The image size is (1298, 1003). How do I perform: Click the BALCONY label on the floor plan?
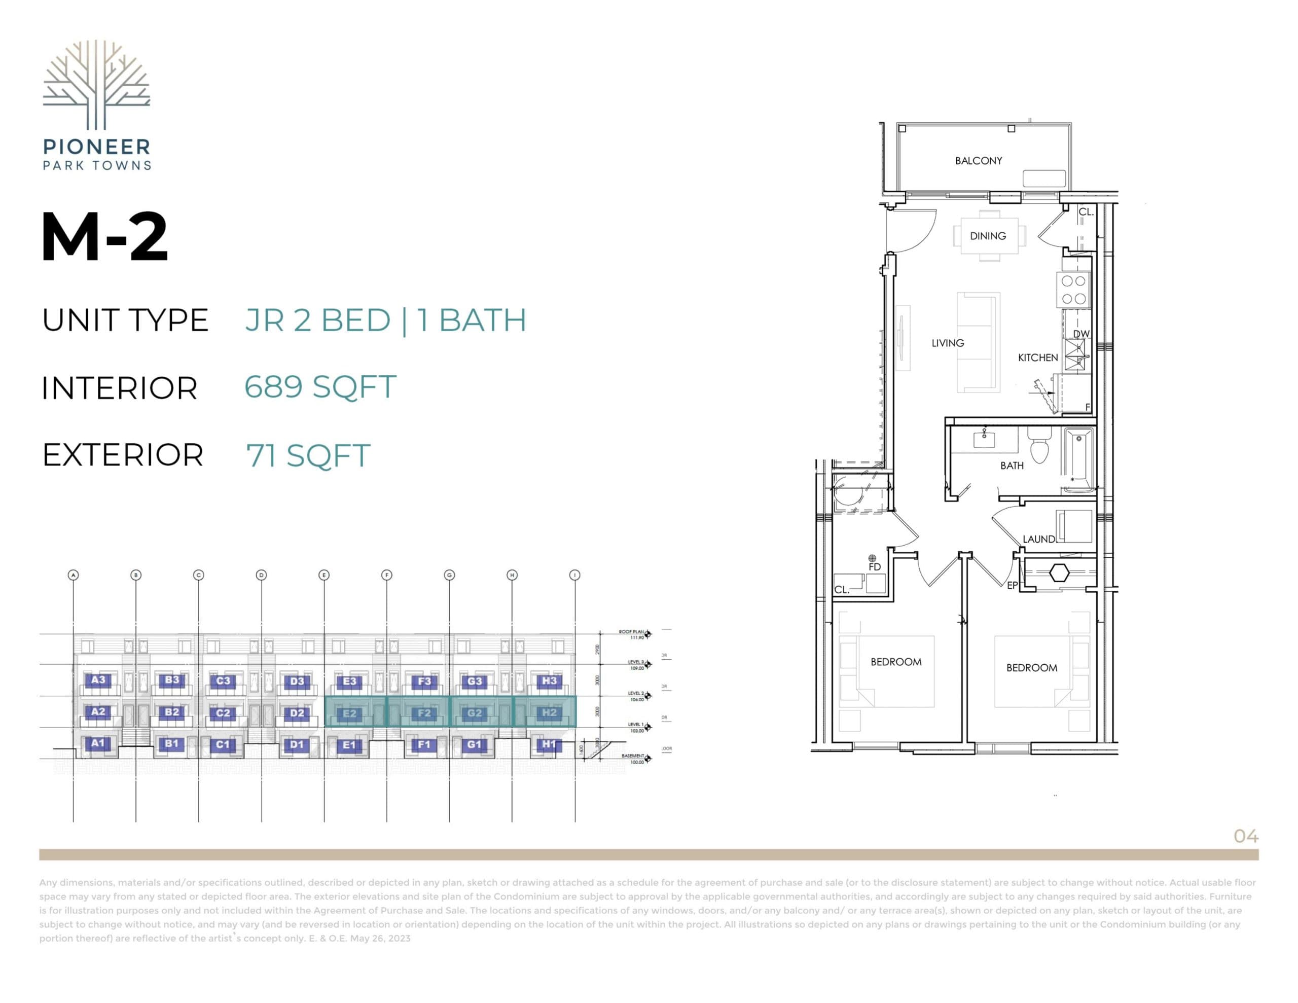point(978,161)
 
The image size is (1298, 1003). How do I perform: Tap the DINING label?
point(988,236)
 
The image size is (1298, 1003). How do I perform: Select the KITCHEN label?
point(1038,357)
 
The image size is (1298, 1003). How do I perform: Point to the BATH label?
point(1012,465)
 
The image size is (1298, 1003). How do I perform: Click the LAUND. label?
point(1038,539)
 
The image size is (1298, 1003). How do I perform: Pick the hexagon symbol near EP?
point(1059,572)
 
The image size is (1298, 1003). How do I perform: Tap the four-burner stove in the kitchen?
point(1073,290)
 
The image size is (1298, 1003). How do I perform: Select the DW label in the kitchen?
point(1081,334)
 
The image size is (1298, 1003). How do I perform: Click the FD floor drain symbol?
point(872,558)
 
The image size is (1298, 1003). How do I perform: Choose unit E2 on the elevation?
point(349,713)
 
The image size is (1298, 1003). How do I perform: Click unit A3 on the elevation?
point(98,679)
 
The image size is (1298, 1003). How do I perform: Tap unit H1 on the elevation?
point(549,744)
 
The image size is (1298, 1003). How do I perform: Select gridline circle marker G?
point(449,575)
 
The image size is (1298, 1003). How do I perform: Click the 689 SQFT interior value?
point(320,387)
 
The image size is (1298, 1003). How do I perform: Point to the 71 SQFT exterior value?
point(308,455)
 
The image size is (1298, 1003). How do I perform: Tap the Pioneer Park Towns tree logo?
point(96,85)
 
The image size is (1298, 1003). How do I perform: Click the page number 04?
point(1246,837)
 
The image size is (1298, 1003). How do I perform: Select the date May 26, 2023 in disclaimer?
point(380,938)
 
